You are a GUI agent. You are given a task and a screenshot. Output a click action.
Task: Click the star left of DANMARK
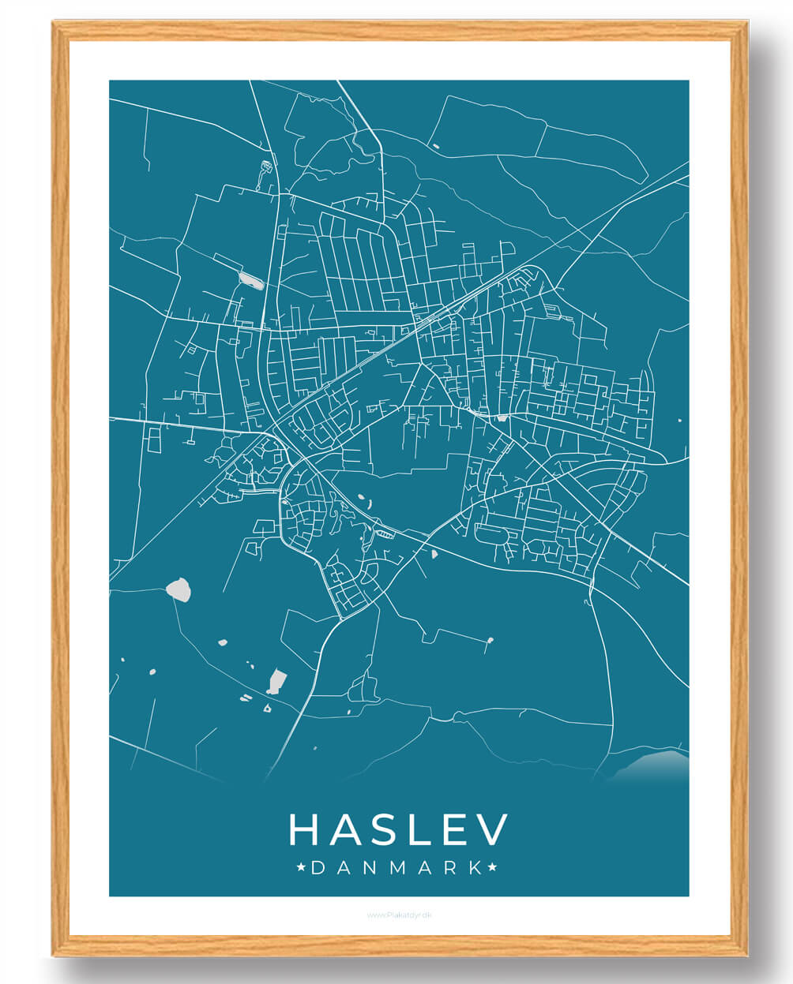click(301, 868)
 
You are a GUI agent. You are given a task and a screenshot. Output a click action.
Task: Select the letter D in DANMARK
click(318, 868)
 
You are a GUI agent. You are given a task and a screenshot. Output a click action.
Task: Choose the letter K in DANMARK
click(475, 868)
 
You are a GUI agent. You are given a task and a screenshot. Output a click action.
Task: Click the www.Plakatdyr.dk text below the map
click(399, 915)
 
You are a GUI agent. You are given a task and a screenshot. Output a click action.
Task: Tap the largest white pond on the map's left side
click(179, 589)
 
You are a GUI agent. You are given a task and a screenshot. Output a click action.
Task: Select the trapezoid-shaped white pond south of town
click(276, 679)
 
